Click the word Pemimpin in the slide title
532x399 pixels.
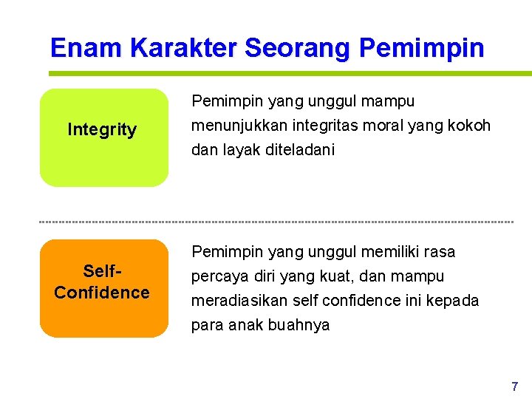(x=421, y=49)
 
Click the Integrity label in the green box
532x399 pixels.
(x=102, y=130)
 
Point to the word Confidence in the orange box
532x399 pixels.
(x=102, y=293)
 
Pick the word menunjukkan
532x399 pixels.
(x=234, y=126)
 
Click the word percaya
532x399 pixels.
(x=216, y=276)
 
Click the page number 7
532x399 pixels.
(x=514, y=386)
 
